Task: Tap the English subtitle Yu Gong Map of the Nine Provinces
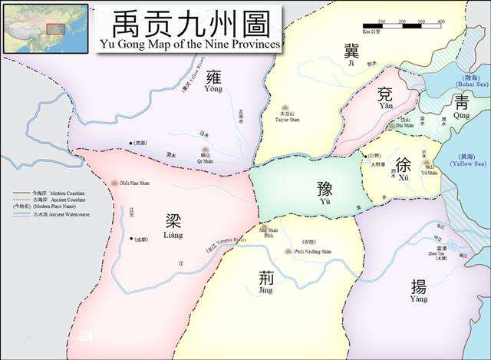tap(191, 45)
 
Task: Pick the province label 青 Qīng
tap(461, 107)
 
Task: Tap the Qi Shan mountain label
tap(204, 159)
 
